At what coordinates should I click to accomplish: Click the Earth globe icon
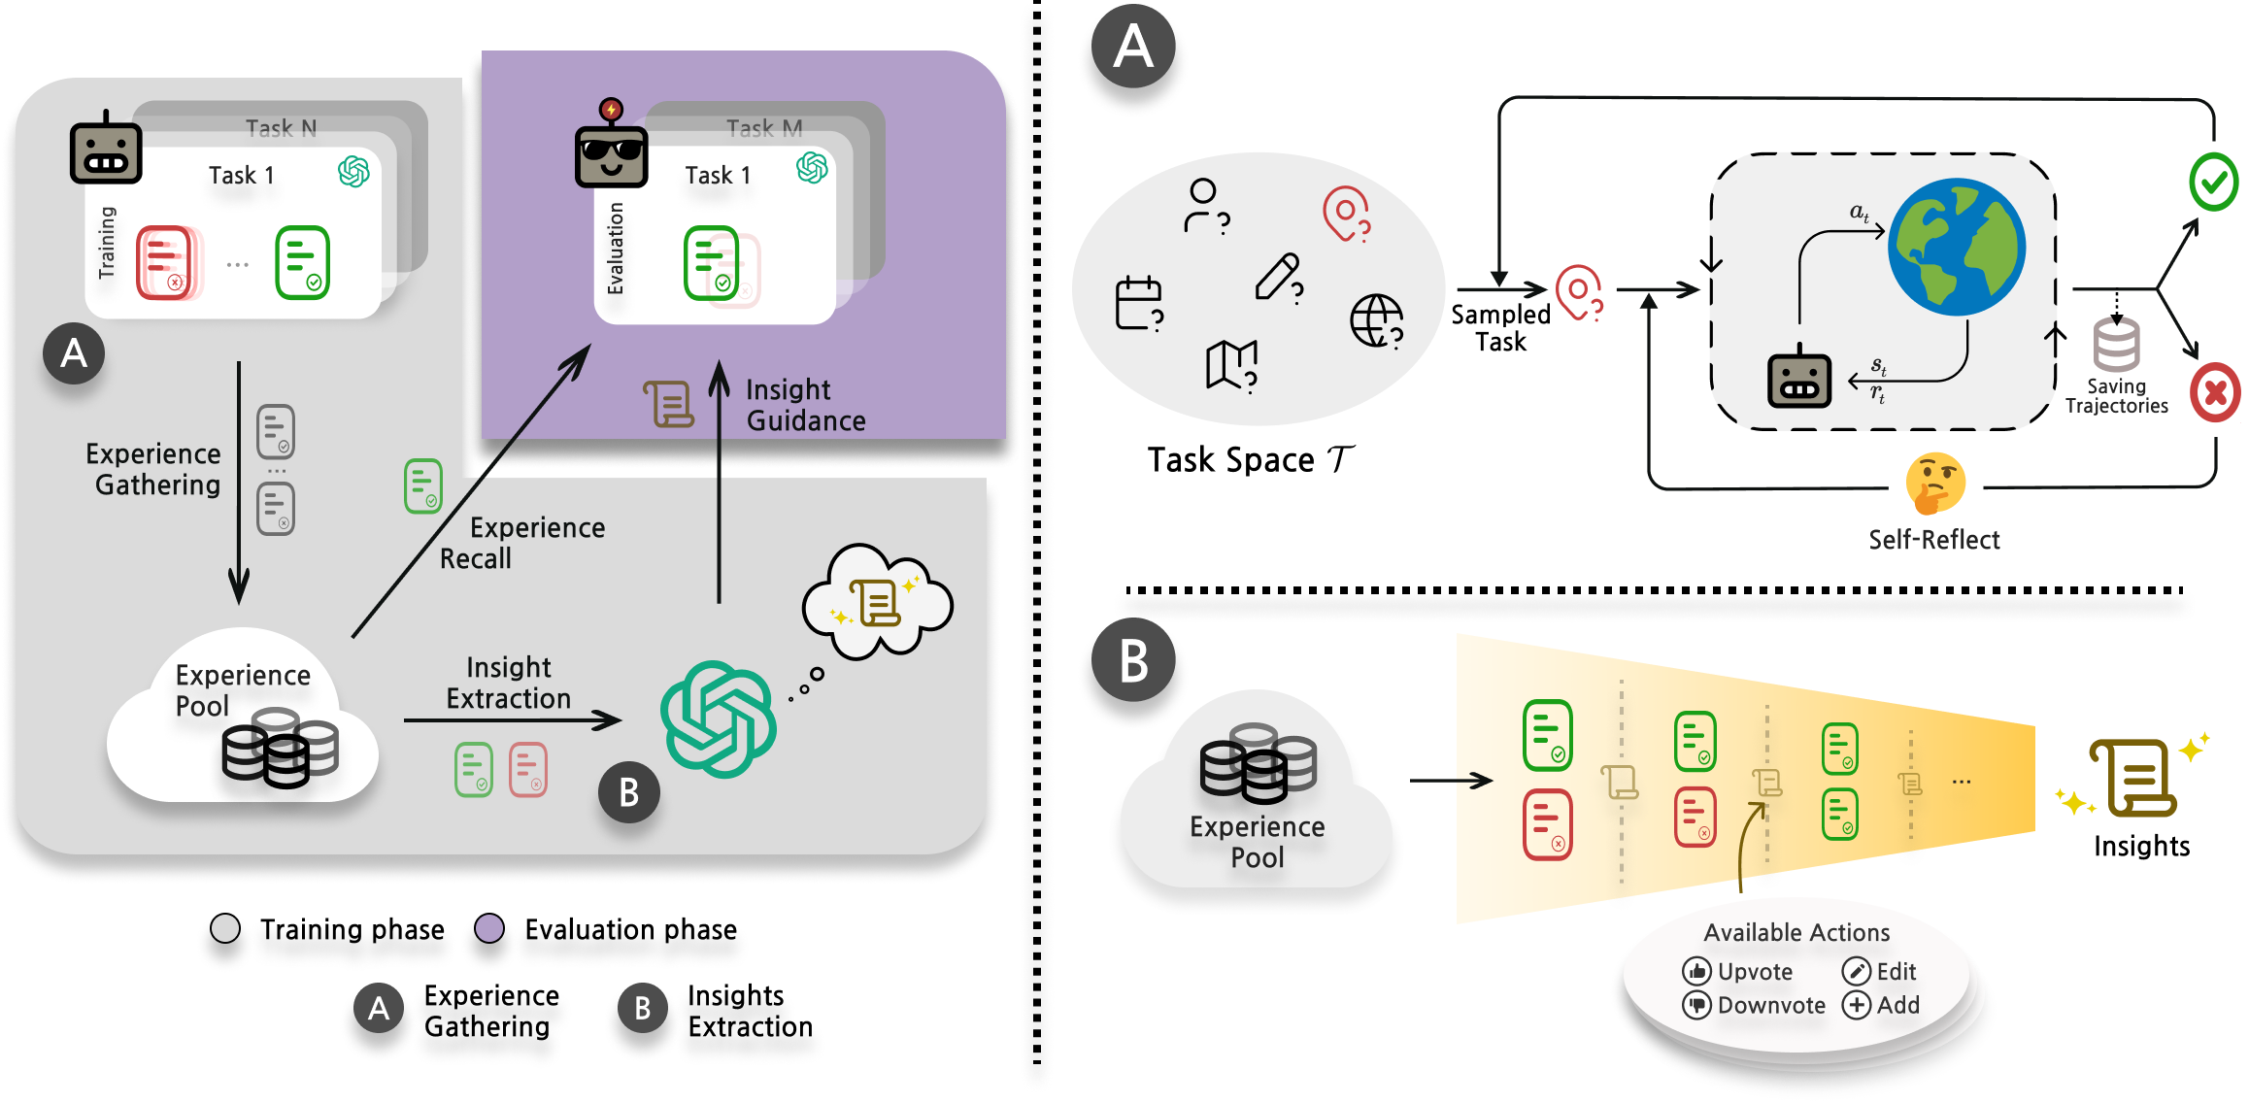tap(1956, 247)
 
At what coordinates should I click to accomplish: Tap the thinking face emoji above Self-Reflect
tap(1935, 483)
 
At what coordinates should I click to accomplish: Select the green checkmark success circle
tap(2214, 182)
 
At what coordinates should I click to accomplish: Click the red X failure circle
tap(2215, 392)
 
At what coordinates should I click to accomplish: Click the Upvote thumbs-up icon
tap(1696, 971)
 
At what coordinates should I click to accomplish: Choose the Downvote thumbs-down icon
tap(1696, 1005)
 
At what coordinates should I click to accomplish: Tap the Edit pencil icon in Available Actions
tap(1856, 971)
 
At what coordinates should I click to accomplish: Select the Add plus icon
tap(1856, 1005)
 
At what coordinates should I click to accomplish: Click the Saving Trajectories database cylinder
tap(2116, 346)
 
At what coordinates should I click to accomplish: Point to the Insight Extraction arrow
tap(513, 719)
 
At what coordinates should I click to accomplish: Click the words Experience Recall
tap(522, 543)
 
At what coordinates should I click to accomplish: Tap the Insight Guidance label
tap(805, 405)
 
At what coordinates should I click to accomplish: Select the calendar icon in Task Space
tap(1139, 303)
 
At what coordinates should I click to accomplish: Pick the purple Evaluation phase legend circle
tap(489, 928)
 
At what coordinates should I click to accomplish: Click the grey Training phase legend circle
tap(225, 928)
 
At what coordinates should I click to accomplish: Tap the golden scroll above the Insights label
tap(2132, 778)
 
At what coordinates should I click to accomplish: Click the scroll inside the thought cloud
tap(876, 603)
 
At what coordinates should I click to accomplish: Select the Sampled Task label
tap(1500, 328)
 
